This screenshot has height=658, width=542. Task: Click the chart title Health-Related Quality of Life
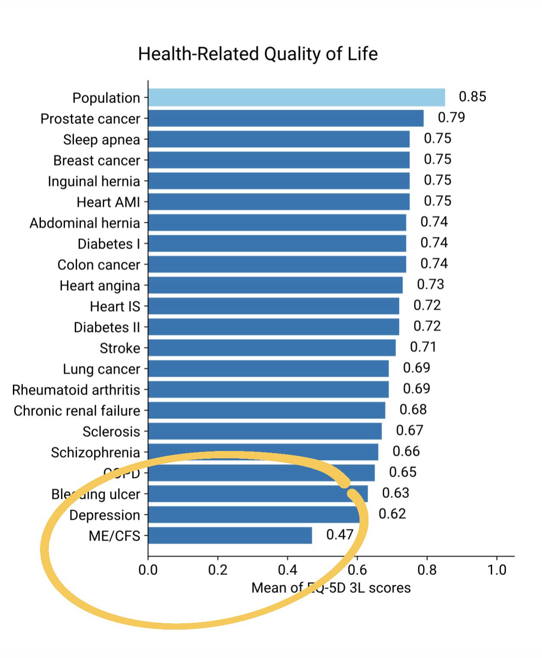coord(258,54)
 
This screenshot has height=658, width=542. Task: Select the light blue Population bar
coord(296,97)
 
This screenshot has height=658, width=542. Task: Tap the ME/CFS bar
coord(230,535)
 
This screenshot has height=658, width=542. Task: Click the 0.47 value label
coord(340,534)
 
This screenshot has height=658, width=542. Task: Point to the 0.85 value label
coord(472,96)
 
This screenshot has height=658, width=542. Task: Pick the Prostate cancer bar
coord(285,118)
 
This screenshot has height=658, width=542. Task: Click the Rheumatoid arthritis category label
coord(76,390)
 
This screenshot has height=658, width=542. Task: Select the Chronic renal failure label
coord(77,411)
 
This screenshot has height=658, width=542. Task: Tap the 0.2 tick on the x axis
coord(218,570)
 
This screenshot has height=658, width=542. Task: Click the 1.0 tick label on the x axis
coord(497,570)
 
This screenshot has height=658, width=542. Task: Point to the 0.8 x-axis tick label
coord(427,570)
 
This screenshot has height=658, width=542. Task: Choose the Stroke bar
coord(272,348)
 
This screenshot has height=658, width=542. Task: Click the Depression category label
coord(105,515)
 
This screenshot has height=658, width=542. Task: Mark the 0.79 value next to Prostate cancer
coord(451,117)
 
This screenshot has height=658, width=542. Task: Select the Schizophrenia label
coord(95,453)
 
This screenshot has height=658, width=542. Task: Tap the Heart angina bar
coord(275,285)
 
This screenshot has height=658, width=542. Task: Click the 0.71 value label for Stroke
coord(423,347)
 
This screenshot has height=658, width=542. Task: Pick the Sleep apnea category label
coord(102,140)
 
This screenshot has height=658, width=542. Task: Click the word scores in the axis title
coord(389,588)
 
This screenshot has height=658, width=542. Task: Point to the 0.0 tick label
coord(148,570)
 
